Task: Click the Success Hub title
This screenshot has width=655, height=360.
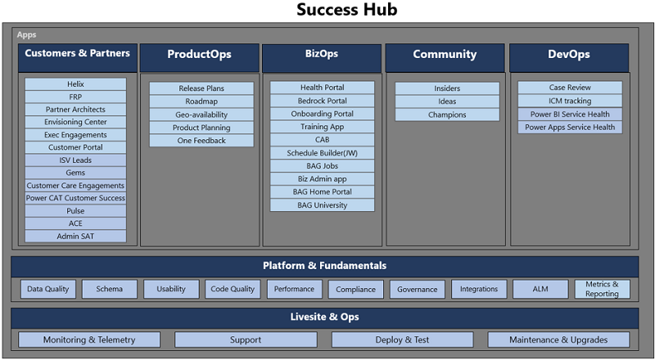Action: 327,11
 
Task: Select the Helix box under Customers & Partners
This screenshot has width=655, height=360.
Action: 75,84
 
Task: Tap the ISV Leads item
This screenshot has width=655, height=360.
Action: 75,160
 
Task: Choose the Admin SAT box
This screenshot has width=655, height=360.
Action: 75,236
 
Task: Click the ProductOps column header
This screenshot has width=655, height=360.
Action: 199,56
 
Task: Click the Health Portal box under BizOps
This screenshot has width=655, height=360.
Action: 323,88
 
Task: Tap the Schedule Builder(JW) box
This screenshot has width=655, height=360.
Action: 323,153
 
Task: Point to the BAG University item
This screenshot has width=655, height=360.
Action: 323,205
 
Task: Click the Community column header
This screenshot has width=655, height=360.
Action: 445,55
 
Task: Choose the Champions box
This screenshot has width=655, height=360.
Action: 447,115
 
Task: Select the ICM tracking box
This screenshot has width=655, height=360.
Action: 570,101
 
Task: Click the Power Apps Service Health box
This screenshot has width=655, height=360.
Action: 570,128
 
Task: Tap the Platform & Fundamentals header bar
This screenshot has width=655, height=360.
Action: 324,266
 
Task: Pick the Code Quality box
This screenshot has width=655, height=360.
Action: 233,289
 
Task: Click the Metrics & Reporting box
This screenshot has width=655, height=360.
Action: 602,289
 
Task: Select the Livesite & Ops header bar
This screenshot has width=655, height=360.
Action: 324,317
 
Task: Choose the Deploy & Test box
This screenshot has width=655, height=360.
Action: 402,340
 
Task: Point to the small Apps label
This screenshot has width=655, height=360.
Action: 27,35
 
